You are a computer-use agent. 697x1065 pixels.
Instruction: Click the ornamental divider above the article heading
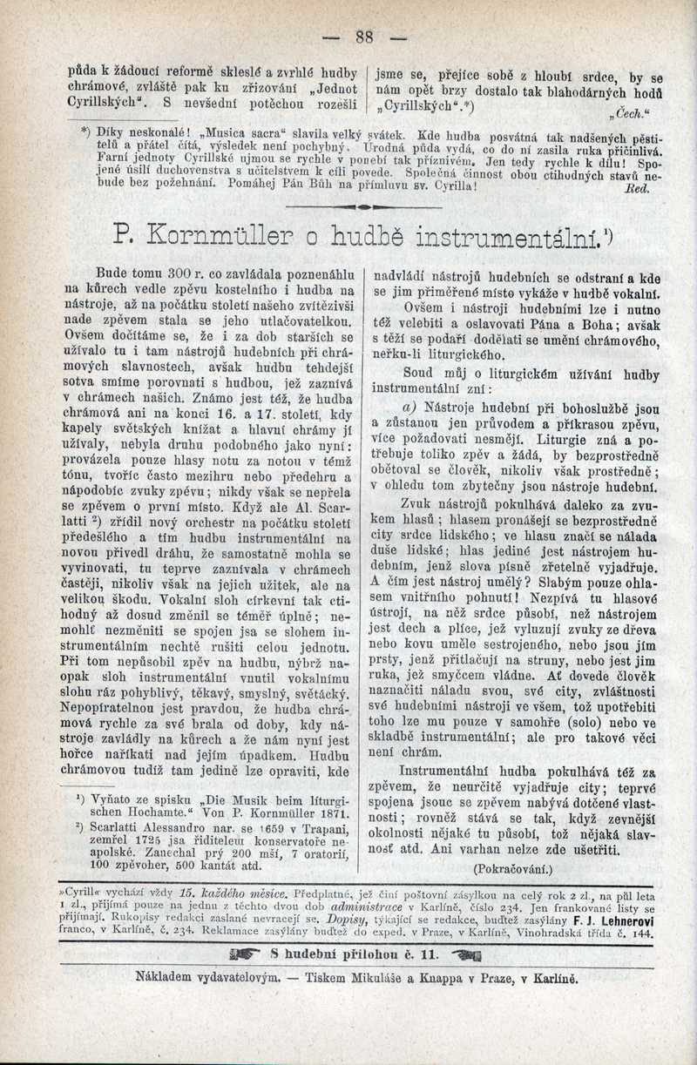[x=362, y=209]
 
